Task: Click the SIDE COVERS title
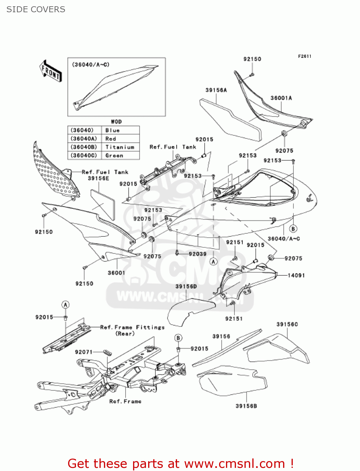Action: (x=36, y=9)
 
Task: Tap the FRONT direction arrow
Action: (x=51, y=71)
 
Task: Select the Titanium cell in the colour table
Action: (x=120, y=147)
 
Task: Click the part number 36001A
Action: (x=281, y=98)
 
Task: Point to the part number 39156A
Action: (x=216, y=90)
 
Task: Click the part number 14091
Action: (x=296, y=275)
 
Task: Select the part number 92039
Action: (x=197, y=254)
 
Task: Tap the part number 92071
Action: (x=84, y=352)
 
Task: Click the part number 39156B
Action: (x=246, y=406)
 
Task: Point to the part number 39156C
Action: (x=287, y=324)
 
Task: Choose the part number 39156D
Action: (x=186, y=286)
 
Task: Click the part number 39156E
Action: (x=99, y=178)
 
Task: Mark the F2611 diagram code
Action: (x=304, y=56)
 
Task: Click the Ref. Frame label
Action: (x=125, y=401)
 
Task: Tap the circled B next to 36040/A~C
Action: (x=293, y=229)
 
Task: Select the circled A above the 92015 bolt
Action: (x=65, y=305)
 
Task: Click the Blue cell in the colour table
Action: (x=112, y=130)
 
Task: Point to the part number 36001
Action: (x=116, y=273)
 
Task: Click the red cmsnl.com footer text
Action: (x=180, y=463)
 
